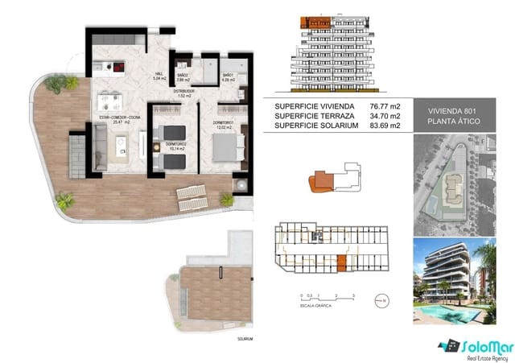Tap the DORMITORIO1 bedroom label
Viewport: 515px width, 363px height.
[224, 122]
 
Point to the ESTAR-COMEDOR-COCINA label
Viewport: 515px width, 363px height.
[118, 118]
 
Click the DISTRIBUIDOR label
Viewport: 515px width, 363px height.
[183, 92]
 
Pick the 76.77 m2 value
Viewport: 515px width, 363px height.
[385, 105]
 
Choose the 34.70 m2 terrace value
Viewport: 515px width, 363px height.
[385, 116]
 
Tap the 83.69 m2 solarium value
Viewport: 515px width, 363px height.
[385, 126]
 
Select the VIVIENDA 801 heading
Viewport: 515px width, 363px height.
[455, 110]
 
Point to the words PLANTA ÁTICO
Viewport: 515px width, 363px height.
[455, 122]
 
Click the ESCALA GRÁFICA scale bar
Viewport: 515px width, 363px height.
[320, 300]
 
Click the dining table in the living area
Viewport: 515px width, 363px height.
[110, 101]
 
